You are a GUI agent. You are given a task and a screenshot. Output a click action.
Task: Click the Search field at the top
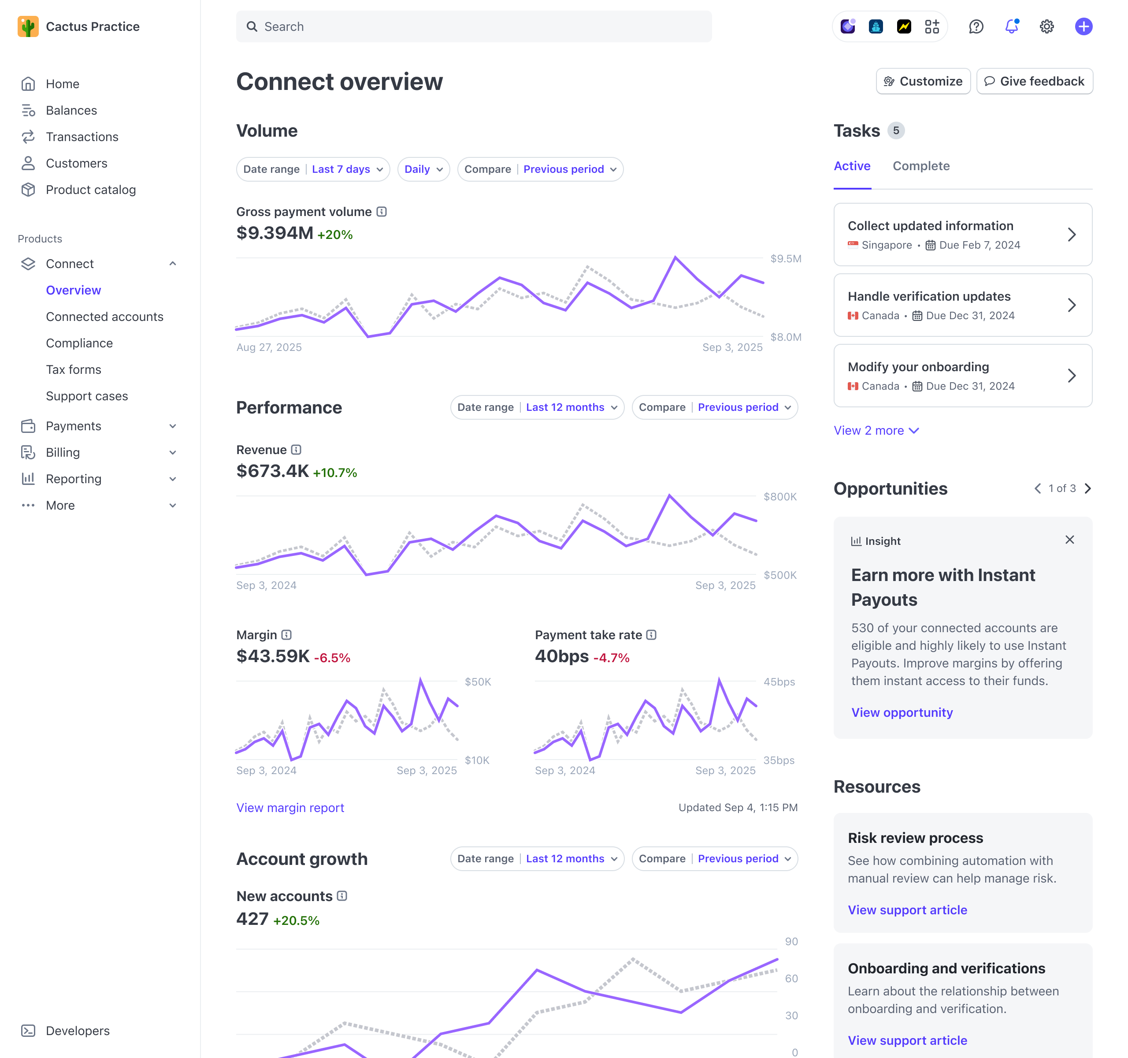[474, 27]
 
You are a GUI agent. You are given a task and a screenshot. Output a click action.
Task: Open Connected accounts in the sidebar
[104, 317]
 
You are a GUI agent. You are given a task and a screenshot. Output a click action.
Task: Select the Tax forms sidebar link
[74, 369]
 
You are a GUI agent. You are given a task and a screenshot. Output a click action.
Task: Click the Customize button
[923, 81]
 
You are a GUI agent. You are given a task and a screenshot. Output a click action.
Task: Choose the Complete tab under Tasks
[920, 166]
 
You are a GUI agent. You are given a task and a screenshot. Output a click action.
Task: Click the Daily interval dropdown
[423, 169]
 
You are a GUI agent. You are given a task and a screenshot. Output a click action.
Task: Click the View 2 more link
[876, 430]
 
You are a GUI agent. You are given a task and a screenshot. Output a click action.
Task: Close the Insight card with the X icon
[1069, 540]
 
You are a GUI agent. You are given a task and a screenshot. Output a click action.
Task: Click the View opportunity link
[901, 712]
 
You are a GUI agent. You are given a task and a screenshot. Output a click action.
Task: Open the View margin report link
[290, 808]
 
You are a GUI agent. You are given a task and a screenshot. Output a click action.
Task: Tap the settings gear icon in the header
[1046, 27]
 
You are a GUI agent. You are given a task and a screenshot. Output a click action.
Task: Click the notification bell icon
[1011, 27]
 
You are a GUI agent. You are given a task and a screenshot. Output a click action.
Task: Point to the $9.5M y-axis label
[785, 259]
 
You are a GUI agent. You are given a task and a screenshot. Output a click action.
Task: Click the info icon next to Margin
[286, 634]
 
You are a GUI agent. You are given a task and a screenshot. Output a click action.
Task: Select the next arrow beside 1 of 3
[1087, 488]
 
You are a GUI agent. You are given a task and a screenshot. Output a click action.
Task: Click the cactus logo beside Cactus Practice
[28, 27]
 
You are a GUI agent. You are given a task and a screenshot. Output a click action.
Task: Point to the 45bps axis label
[779, 682]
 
